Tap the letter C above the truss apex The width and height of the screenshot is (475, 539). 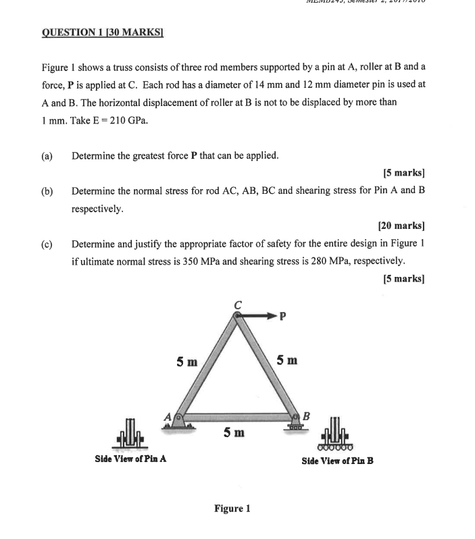pos(237,305)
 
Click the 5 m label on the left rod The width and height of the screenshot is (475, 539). pos(186,361)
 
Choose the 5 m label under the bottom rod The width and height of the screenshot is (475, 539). pos(235,430)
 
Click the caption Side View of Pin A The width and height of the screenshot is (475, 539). pos(131,459)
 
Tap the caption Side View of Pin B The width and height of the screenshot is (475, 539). pos(337,461)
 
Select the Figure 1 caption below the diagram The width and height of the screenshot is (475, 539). pos(232,509)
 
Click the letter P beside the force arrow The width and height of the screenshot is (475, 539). pos(283,315)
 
